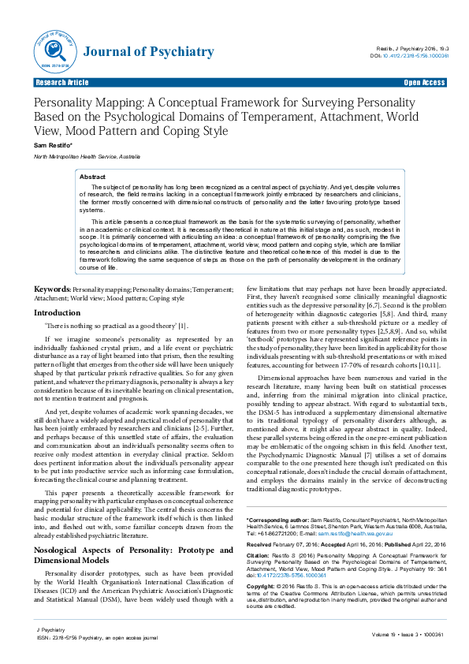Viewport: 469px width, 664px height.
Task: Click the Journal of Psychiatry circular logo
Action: [x=51, y=52]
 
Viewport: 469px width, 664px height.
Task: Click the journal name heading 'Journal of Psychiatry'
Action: [x=148, y=53]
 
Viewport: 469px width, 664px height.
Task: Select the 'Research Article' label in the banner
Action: [x=61, y=83]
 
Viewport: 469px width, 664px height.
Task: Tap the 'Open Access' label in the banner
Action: [x=424, y=83]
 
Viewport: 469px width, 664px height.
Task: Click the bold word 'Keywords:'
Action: [x=53, y=291]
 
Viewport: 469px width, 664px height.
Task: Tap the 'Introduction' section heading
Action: [x=57, y=313]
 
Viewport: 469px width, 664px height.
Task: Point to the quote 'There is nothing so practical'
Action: [x=104, y=326]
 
